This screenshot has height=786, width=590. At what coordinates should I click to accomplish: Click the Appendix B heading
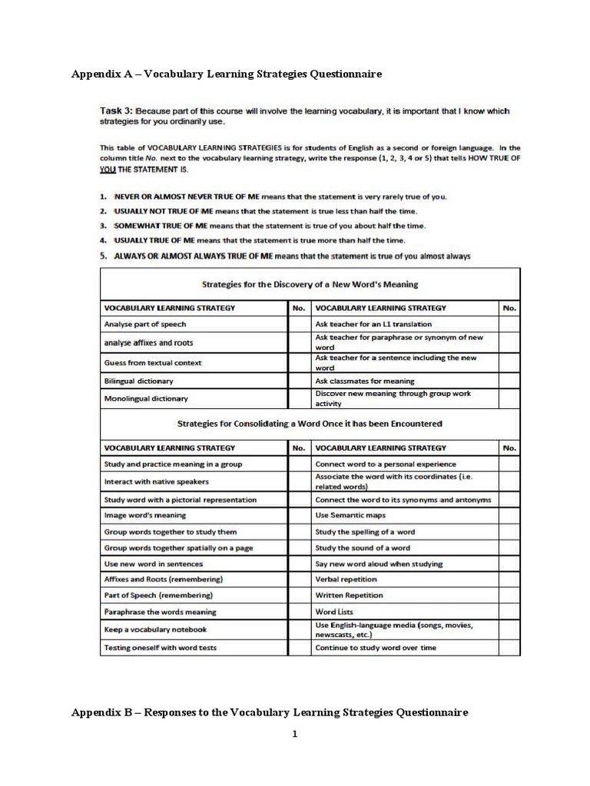click(x=270, y=712)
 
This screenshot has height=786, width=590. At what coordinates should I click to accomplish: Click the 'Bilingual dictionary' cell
click(x=139, y=381)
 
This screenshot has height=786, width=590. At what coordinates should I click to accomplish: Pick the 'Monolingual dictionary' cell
click(x=146, y=398)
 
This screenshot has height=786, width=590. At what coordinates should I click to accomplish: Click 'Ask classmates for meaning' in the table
click(x=365, y=381)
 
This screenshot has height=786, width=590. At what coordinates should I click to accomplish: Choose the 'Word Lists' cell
click(x=335, y=612)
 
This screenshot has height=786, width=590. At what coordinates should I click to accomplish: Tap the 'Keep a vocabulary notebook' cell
click(x=155, y=629)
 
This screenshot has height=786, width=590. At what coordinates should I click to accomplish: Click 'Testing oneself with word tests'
click(x=160, y=648)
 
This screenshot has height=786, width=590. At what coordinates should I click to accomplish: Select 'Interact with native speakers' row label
click(x=157, y=481)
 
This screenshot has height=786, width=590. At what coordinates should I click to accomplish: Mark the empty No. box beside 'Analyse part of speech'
click(x=298, y=324)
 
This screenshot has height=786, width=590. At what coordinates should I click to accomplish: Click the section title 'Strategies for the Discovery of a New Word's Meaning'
click(x=310, y=284)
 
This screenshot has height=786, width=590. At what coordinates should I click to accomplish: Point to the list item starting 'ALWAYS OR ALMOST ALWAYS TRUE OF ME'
click(x=292, y=256)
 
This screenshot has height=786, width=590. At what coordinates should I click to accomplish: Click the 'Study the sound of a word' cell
click(x=363, y=548)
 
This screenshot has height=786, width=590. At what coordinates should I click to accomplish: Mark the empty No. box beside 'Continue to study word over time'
click(x=509, y=648)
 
